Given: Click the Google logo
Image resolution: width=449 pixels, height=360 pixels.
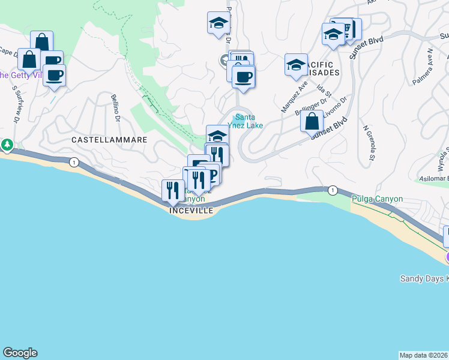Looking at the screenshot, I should tap(20, 353).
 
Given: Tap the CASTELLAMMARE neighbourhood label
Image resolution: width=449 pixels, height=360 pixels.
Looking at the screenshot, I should tap(109, 139).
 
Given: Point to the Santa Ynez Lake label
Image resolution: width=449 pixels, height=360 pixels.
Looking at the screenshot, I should tap(249, 121).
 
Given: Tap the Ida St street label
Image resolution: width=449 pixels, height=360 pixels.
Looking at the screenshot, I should tap(323, 92).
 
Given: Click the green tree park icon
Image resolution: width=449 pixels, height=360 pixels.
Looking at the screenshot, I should tap(7, 145).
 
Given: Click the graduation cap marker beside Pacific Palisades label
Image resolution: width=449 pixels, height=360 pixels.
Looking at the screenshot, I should tap(296, 65).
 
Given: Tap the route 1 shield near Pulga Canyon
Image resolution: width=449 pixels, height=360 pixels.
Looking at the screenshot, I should tap(332, 190).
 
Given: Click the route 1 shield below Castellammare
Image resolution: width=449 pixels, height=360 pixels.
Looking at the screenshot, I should tap(73, 162).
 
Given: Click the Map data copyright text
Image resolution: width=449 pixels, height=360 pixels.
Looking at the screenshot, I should tap(424, 355).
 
